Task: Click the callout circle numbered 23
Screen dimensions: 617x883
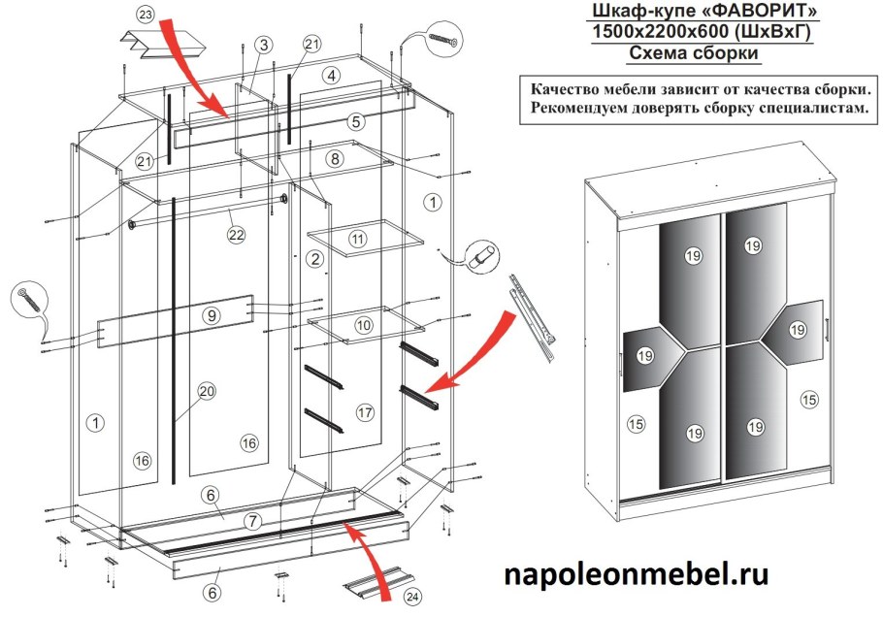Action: point(145,16)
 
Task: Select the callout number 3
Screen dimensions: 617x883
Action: point(264,45)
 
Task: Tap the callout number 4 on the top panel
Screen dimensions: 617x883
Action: point(332,75)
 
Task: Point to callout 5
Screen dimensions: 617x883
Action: point(356,122)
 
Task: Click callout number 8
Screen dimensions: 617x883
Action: point(335,158)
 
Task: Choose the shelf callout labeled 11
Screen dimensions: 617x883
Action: point(358,238)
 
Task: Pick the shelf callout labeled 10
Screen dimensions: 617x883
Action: point(362,324)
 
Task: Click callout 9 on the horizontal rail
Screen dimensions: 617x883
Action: point(212,314)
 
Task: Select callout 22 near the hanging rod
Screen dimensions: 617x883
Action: point(235,234)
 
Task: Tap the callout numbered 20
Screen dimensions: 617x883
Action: point(206,391)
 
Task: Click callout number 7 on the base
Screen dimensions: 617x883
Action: point(252,521)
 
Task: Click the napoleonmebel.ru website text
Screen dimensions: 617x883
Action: point(636,574)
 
